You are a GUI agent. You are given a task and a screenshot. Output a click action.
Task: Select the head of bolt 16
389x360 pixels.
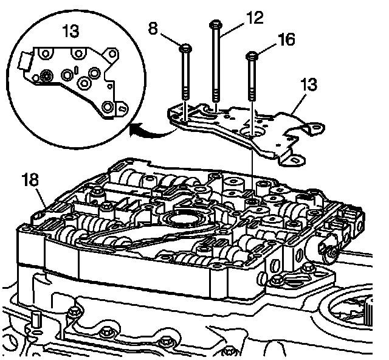coord(251,55)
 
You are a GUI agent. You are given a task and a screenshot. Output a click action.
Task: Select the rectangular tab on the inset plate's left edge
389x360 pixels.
coord(26,60)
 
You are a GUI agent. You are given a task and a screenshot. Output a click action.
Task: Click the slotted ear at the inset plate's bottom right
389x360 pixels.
coord(123,108)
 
